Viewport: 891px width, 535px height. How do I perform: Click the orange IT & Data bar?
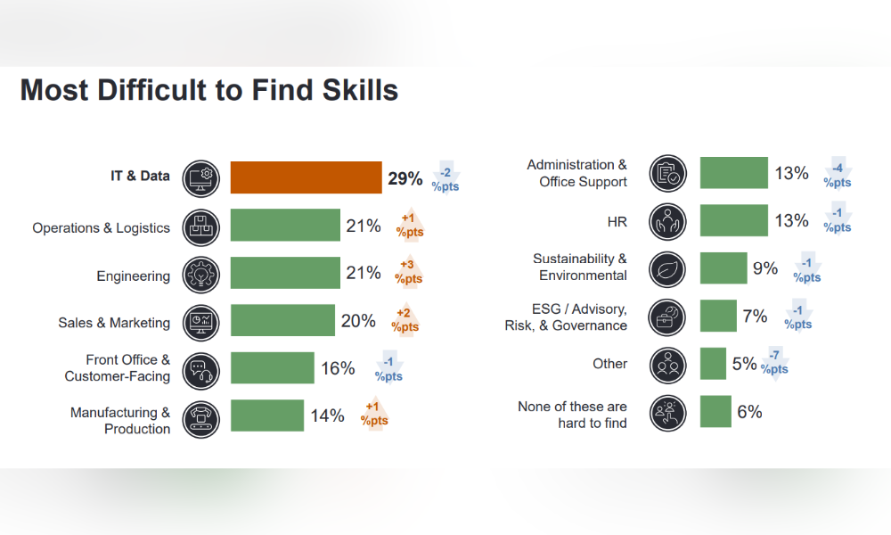coord(306,177)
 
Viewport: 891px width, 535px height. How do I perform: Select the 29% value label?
coord(405,178)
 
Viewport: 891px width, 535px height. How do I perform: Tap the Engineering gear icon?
coord(201,275)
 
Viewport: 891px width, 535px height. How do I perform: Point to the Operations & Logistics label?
coord(102,228)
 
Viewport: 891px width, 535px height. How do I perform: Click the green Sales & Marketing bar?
coord(282,320)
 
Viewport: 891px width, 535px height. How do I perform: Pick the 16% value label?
coord(338,368)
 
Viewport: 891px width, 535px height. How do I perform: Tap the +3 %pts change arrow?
coord(409,272)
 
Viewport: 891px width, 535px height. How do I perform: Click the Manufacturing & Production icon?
coord(201,419)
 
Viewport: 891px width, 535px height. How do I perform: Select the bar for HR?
coord(733,220)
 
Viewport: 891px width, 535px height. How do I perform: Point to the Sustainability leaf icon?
coord(667,269)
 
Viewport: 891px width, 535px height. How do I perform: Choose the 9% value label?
coord(765,268)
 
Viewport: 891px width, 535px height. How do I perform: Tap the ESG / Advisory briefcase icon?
coord(667,317)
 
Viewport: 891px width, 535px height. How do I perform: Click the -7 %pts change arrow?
coord(774,363)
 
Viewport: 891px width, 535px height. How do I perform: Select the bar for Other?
coord(713,364)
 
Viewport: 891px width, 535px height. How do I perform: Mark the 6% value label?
coord(749,412)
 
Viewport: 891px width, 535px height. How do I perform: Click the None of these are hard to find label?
coord(572,415)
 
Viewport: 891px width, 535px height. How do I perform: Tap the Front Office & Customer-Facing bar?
coord(272,368)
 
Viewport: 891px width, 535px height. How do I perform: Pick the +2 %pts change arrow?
coord(405,320)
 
